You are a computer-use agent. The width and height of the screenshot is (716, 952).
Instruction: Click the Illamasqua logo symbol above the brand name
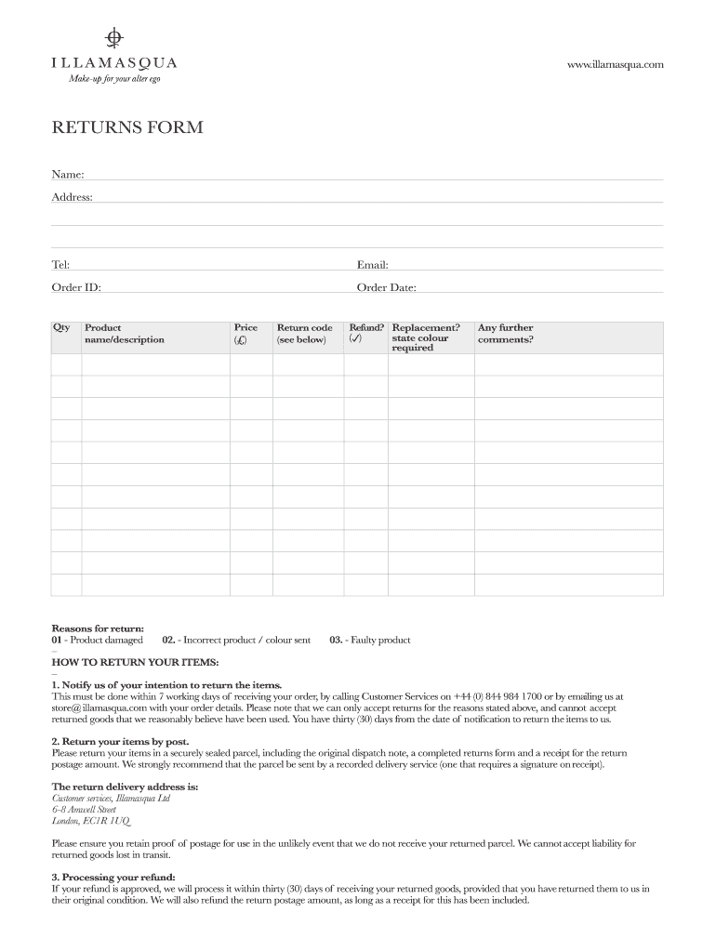(x=113, y=37)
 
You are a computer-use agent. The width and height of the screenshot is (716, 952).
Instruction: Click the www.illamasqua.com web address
(x=616, y=64)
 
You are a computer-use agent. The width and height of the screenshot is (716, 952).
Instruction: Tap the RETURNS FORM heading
(x=126, y=127)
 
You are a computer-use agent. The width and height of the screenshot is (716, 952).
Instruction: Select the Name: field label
(x=67, y=174)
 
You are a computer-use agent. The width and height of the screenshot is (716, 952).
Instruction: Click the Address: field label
(x=72, y=197)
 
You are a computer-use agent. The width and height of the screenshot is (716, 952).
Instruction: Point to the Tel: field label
(x=60, y=265)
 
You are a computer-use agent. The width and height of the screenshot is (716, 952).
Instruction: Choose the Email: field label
(x=372, y=265)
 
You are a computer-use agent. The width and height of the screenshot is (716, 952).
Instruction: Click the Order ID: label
(x=75, y=287)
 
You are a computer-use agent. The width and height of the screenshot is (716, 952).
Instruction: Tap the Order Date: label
(x=386, y=287)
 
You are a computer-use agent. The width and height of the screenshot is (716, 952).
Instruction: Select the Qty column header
(x=61, y=327)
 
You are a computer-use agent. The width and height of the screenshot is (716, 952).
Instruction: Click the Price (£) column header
(x=245, y=333)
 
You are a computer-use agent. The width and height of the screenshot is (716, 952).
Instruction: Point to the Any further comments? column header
(x=505, y=333)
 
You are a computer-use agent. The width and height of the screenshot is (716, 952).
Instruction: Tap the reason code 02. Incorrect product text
(x=236, y=640)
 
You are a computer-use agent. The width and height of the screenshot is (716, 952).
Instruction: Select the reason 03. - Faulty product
(x=369, y=640)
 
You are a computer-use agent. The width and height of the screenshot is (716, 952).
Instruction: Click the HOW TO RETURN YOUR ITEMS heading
(x=135, y=662)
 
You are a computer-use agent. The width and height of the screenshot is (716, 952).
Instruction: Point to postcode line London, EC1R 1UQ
(x=90, y=821)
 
